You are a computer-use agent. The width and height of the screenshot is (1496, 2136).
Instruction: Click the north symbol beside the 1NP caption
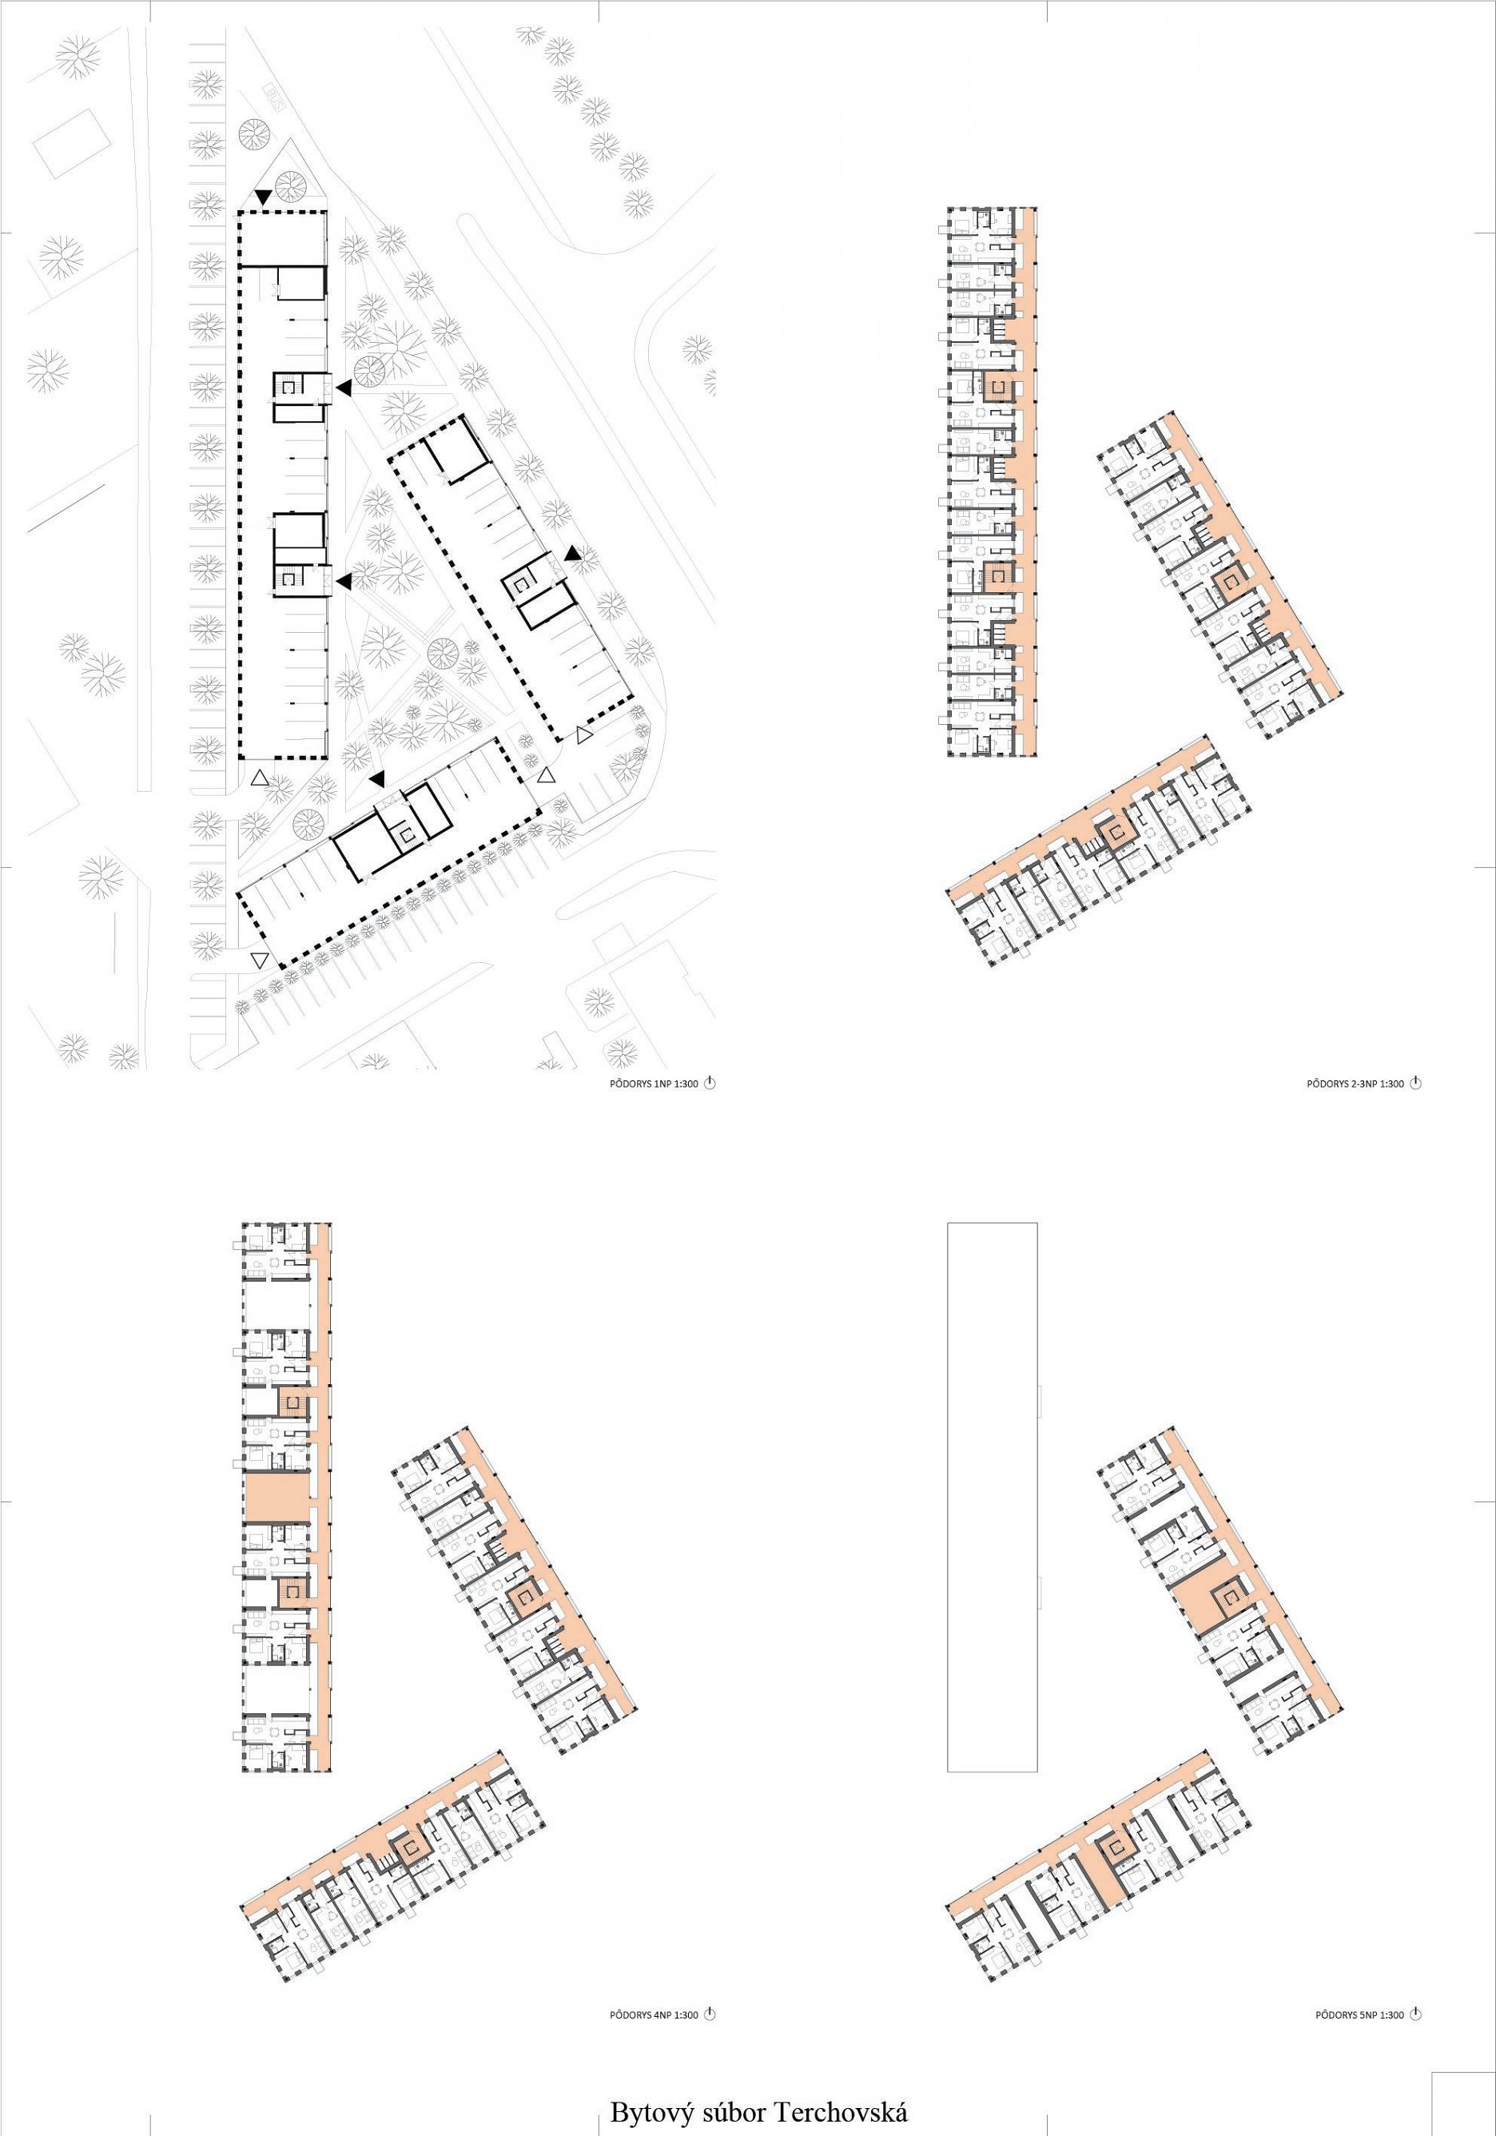[710, 1082]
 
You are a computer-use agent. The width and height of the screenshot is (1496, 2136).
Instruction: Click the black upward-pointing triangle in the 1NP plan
[572, 554]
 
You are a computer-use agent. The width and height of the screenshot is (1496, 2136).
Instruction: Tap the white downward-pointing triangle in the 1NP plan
[259, 959]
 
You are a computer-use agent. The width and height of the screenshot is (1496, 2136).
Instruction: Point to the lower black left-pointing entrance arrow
[344, 582]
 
